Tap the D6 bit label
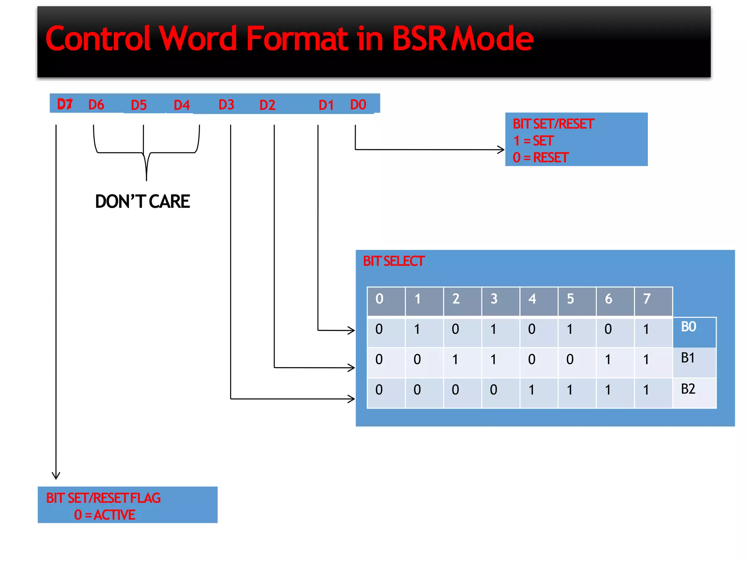[x=96, y=105]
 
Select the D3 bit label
[x=226, y=105]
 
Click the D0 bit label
[x=358, y=105]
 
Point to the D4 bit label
[x=182, y=105]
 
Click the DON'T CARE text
[x=142, y=202]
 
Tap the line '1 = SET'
[x=533, y=141]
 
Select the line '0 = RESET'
[x=541, y=158]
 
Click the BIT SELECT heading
[x=393, y=261]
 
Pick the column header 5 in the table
[x=570, y=299]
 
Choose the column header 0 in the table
[x=379, y=299]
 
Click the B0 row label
[x=688, y=327]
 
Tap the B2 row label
[x=688, y=389]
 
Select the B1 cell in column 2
[x=455, y=360]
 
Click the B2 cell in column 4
[x=532, y=390]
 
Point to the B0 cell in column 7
[x=646, y=329]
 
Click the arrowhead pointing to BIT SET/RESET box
[x=501, y=150]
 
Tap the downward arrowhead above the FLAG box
[x=56, y=476]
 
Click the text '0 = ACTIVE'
[x=105, y=515]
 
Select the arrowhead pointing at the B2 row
[x=351, y=399]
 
